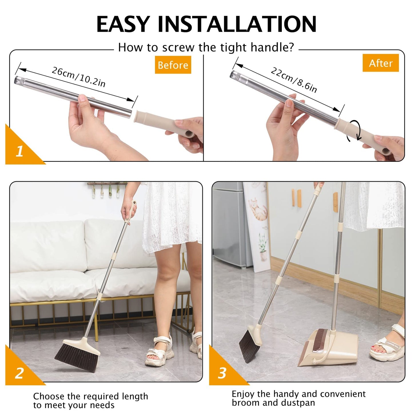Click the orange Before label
pyautogui.click(x=173, y=65)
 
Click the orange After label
pyautogui.click(x=380, y=63)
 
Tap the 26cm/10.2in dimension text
pyautogui.click(x=79, y=77)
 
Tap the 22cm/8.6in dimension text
pyautogui.click(x=294, y=80)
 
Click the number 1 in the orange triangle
pyautogui.click(x=19, y=151)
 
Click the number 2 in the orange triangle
pyautogui.click(x=19, y=373)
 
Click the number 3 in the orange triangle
pyautogui.click(x=222, y=373)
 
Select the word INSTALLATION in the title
pyautogui.click(x=237, y=24)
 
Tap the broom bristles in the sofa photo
pyautogui.click(x=76, y=357)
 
